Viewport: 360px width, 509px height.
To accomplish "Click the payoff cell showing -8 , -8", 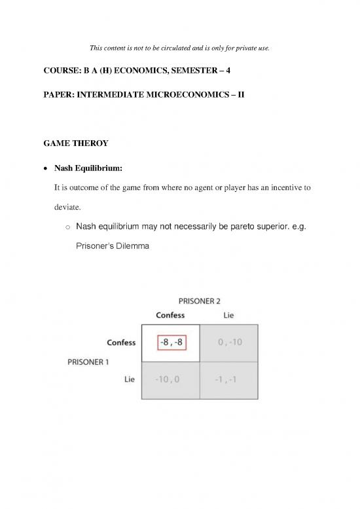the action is tap(171, 343).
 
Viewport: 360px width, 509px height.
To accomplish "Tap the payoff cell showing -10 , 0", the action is tap(171, 379).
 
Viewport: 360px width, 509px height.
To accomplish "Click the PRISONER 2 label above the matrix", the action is tap(200, 301).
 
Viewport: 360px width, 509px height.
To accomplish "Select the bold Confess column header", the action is tap(170, 315).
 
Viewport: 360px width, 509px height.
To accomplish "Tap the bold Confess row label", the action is tap(121, 343).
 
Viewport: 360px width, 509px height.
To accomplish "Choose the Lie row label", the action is tap(130, 379).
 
